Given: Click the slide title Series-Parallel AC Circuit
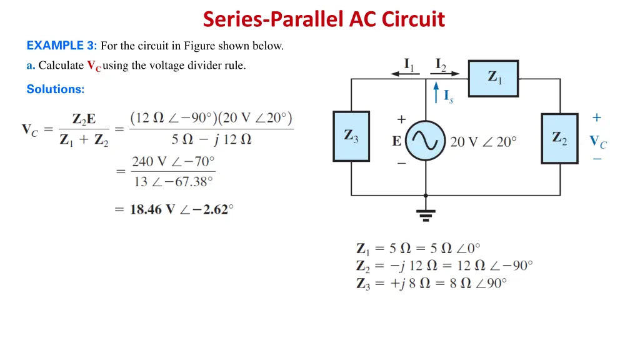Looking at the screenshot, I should (324, 19).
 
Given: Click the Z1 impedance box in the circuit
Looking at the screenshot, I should (493, 78).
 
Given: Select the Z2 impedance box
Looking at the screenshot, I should (559, 138).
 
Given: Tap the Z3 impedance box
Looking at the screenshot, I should (351, 136).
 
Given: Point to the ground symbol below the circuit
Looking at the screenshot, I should (426, 214).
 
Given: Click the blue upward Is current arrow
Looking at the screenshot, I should (436, 94).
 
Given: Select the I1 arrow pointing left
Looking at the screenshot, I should (405, 72).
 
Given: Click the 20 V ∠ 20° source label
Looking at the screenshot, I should (483, 142).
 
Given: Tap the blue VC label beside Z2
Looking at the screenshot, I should (598, 142).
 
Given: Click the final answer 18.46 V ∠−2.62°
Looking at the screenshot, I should (181, 209).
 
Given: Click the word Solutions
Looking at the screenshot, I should (55, 89).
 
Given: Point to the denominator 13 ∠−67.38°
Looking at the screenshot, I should (173, 182).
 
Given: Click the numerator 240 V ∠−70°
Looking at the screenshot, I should (173, 161).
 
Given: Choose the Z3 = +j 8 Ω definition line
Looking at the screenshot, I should (431, 283).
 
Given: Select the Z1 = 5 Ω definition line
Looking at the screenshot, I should (418, 248).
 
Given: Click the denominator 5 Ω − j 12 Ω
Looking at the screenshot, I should (211, 139).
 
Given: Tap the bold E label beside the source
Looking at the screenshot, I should (397, 142).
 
